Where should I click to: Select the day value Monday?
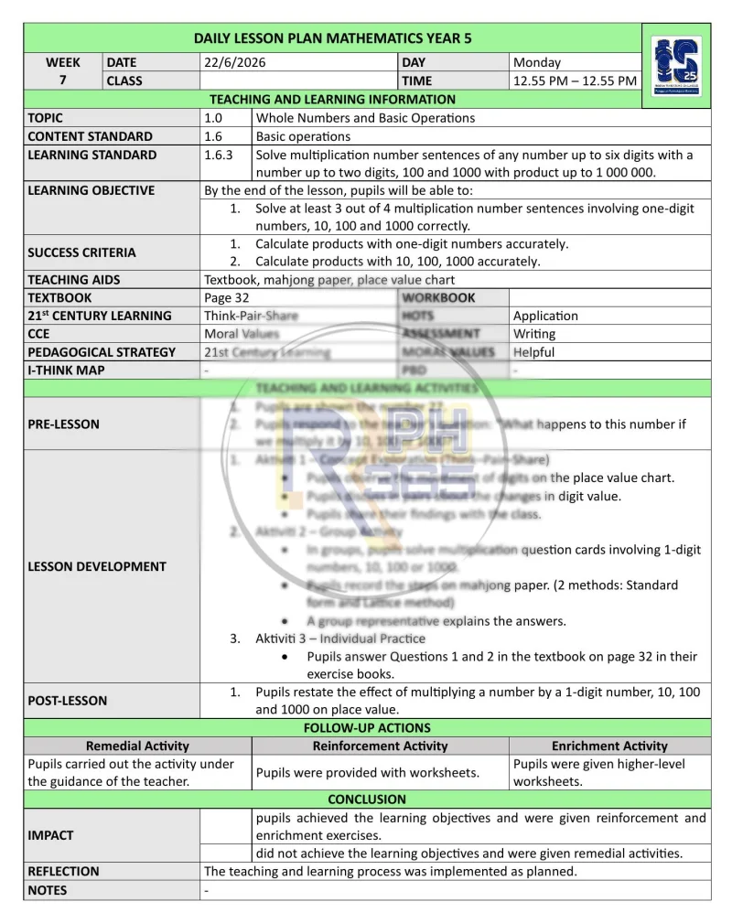click(x=537, y=62)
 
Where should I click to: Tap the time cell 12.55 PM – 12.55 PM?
click(x=575, y=80)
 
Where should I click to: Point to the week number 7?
click(x=63, y=80)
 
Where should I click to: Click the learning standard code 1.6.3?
click(x=219, y=155)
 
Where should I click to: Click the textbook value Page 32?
click(x=226, y=297)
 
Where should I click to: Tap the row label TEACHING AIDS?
click(x=74, y=280)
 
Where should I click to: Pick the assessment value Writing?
click(x=534, y=334)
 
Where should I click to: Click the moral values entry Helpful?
click(x=534, y=351)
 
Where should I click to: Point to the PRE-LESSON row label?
click(x=64, y=424)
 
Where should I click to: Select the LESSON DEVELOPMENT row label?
click(x=97, y=566)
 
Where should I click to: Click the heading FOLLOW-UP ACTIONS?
click(x=366, y=728)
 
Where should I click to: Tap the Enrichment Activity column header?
click(x=609, y=746)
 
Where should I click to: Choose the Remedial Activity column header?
click(x=137, y=746)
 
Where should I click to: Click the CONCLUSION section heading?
click(x=366, y=799)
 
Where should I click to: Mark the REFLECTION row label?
click(x=63, y=871)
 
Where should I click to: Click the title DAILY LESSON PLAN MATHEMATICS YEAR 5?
click(x=333, y=38)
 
